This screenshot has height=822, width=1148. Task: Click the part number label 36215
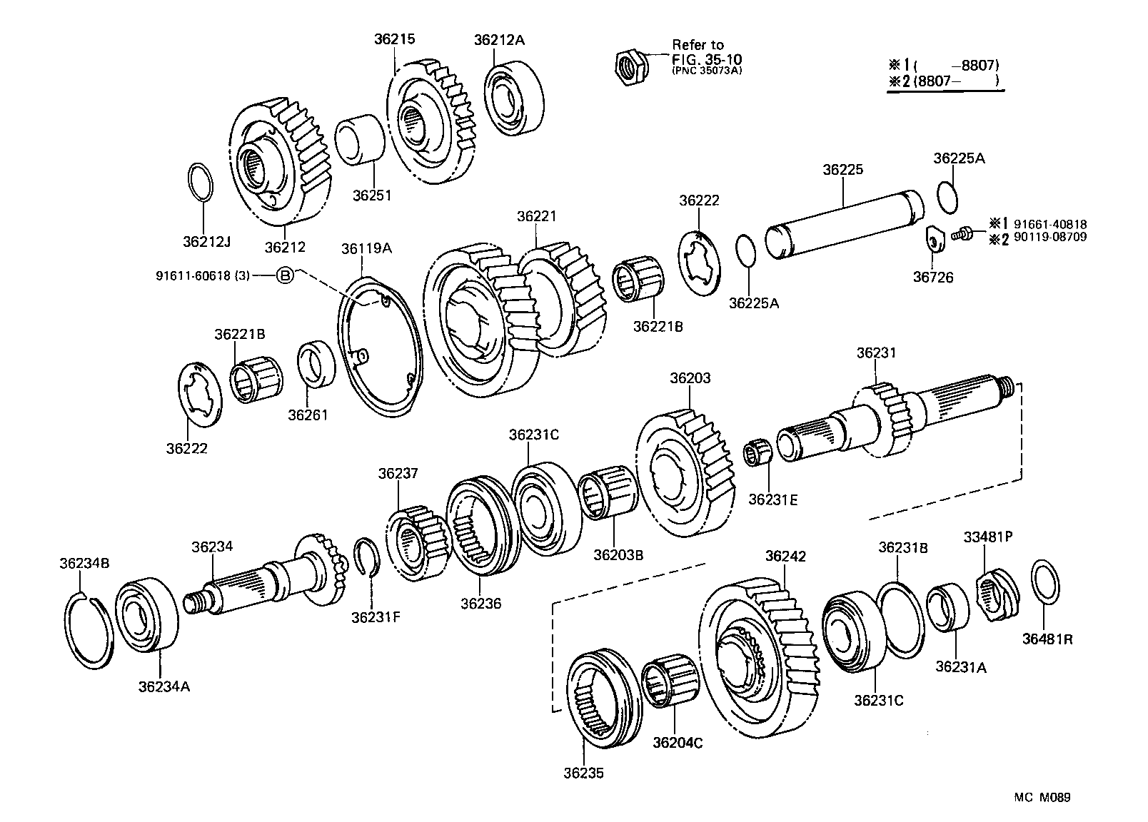395,40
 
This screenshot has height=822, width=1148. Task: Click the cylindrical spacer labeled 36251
361,141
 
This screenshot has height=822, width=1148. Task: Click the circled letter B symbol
284,275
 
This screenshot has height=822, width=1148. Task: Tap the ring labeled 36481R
1045,582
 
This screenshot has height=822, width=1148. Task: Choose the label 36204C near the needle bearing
678,743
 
